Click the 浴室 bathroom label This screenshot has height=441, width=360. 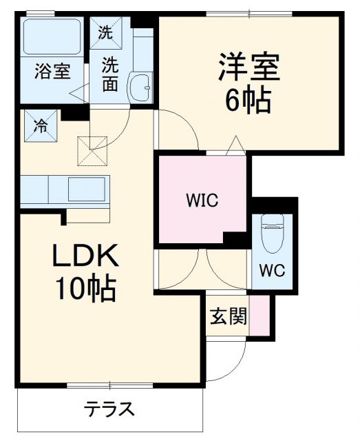coord(52,72)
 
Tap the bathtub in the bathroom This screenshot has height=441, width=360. coord(52,37)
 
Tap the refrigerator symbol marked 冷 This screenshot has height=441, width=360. coord(41,125)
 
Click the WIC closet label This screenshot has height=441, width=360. coord(202,201)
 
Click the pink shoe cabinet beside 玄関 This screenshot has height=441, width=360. coord(260,316)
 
